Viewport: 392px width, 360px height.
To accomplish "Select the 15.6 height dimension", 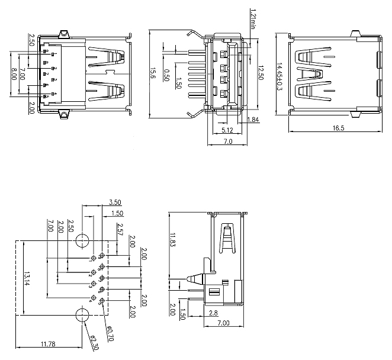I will click(153, 73).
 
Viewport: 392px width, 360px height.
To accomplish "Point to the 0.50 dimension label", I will click(167, 75).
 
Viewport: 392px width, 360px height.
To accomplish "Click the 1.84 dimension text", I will click(253, 120).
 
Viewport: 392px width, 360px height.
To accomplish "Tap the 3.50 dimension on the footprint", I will click(115, 202).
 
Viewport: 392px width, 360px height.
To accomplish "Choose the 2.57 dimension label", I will click(120, 230).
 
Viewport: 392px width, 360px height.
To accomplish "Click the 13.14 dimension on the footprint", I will click(26, 277).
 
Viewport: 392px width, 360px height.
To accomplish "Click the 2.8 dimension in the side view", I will click(213, 313).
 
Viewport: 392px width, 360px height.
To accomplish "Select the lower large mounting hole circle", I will click(81, 314).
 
